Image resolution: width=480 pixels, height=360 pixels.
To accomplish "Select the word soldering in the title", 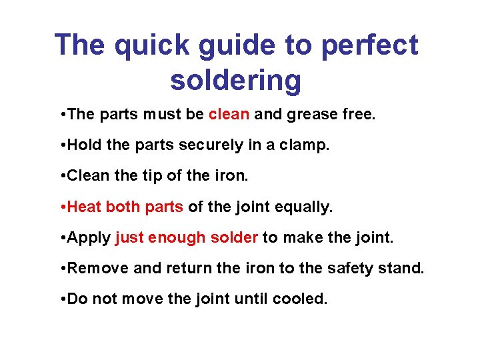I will point(236,80).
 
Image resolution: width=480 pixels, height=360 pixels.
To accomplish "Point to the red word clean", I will point(229,115).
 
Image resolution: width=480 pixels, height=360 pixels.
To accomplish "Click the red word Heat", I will point(85,207).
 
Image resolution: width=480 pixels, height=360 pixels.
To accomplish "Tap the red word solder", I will point(234,238).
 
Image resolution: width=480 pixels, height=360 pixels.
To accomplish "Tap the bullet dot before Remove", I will point(61,269).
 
